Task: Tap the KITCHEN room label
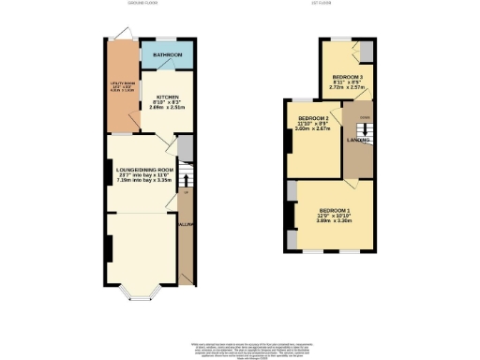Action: tap(167, 97)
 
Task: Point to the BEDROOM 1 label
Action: tap(336, 209)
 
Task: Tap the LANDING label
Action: tap(357, 140)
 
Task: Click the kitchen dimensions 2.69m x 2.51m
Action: tap(167, 109)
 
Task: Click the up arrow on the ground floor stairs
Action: tap(185, 191)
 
